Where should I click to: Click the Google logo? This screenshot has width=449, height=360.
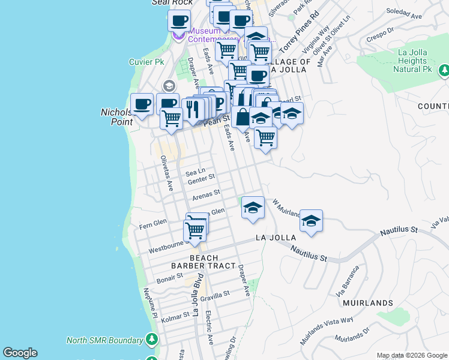(20, 353)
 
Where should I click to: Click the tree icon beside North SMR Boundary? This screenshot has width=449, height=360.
(152, 340)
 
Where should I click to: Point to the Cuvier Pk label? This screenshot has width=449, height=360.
(146, 62)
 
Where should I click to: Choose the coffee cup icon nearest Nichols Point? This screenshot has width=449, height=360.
(142, 104)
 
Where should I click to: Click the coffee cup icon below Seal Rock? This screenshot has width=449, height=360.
(179, 20)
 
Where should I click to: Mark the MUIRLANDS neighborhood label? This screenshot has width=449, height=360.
(368, 303)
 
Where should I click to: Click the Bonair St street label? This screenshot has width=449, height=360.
(170, 277)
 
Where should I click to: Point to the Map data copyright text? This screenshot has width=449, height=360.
(412, 355)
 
